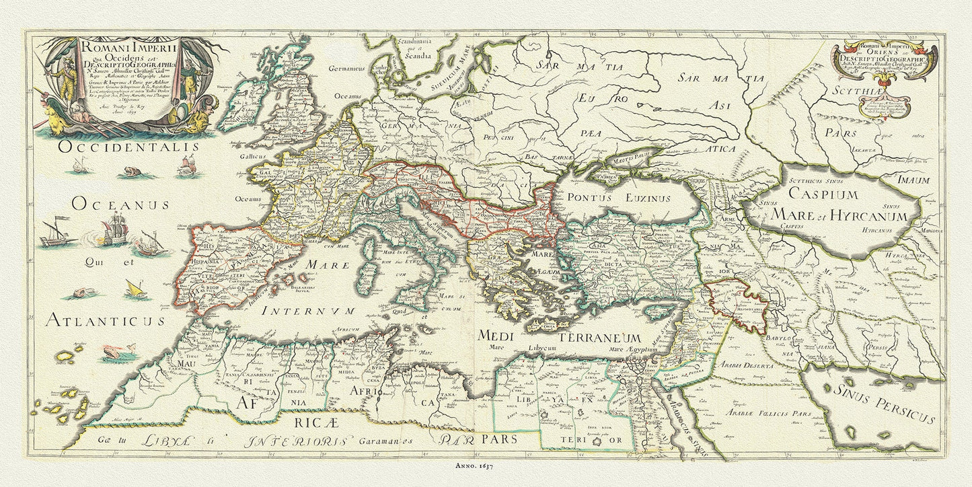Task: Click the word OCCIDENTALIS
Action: (x=128, y=147)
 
